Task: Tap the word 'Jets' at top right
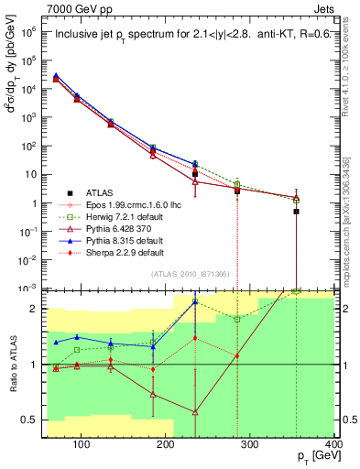(x=325, y=7)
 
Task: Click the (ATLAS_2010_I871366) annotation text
(x=191, y=275)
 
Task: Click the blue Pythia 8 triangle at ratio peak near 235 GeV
(x=195, y=301)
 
